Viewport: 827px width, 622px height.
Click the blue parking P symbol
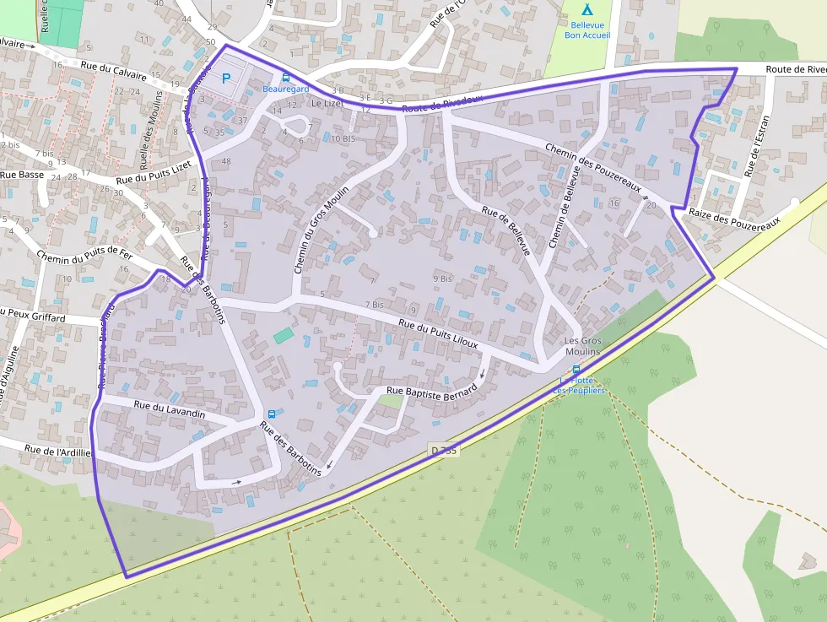pos(225,78)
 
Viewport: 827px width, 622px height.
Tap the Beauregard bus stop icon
pos(285,77)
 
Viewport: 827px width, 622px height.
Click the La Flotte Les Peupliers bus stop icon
pos(576,370)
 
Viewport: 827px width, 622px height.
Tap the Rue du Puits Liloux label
pos(438,333)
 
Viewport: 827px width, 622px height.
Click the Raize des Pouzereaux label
pos(730,214)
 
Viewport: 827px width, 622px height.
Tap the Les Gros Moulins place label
pos(582,346)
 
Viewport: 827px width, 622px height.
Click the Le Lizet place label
pos(327,103)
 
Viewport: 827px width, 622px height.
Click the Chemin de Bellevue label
pos(564,208)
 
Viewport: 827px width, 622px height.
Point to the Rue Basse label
pos(22,175)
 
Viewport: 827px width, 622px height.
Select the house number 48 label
pos(226,161)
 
